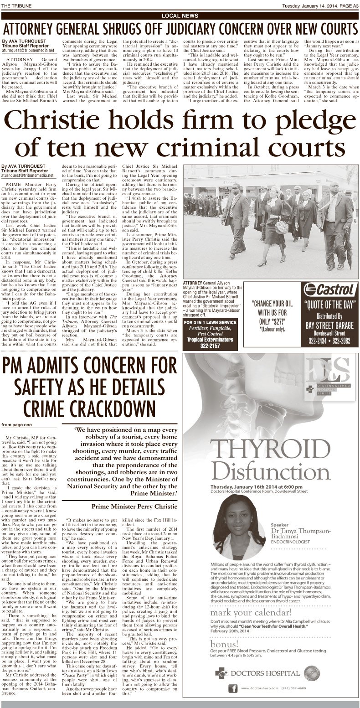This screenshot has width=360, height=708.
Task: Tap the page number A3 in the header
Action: pyautogui.click(x=353, y=5)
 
